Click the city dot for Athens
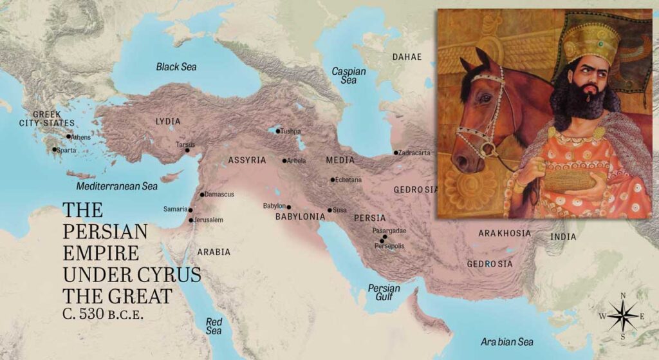(x=68, y=136)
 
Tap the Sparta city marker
(x=55, y=149)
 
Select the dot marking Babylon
(x=289, y=207)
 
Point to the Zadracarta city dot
(x=396, y=153)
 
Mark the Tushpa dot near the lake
(x=278, y=131)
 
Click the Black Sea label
(x=176, y=66)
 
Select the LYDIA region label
(x=168, y=121)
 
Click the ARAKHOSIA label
(x=505, y=232)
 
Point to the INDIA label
(x=563, y=237)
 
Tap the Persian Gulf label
(x=384, y=292)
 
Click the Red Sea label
(x=214, y=325)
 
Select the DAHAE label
(x=407, y=57)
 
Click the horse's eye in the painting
(x=482, y=100)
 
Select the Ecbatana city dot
(x=333, y=180)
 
